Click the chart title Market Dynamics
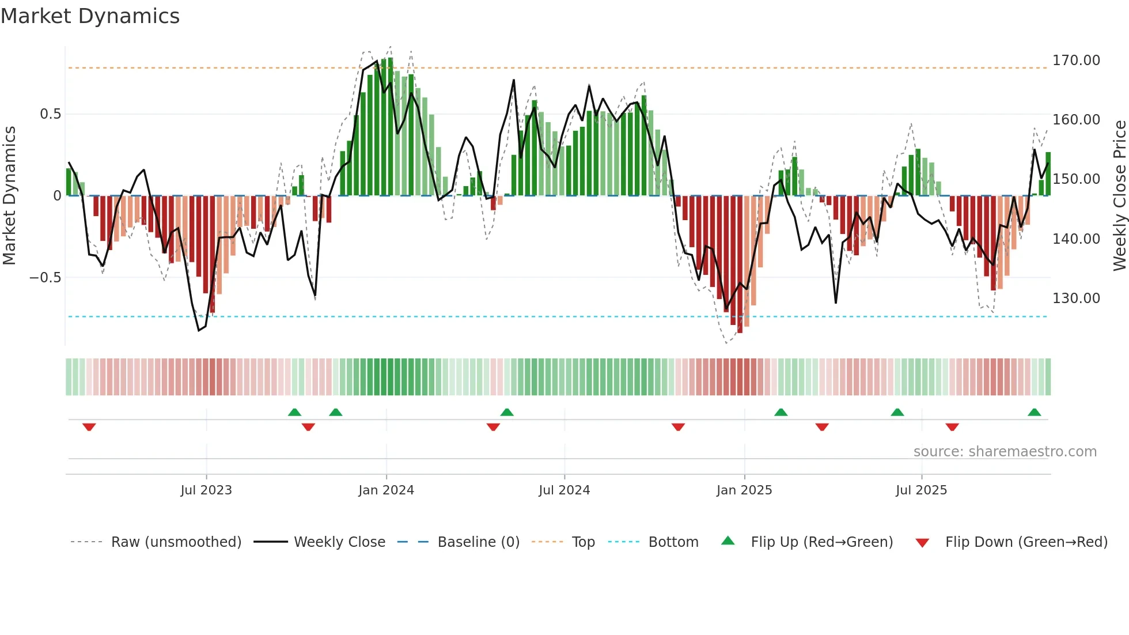click(90, 16)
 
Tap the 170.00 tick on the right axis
click(1076, 61)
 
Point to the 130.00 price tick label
click(1076, 298)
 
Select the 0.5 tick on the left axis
click(51, 114)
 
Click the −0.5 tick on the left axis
click(46, 278)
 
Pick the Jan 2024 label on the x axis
click(386, 490)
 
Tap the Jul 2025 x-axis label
click(921, 490)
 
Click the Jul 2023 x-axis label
click(206, 490)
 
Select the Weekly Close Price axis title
click(1119, 196)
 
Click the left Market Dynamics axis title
click(9, 196)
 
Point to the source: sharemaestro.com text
click(1005, 452)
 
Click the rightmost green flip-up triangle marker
click(1034, 413)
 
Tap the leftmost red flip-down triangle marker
click(89, 427)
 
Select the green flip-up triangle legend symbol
click(728, 541)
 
